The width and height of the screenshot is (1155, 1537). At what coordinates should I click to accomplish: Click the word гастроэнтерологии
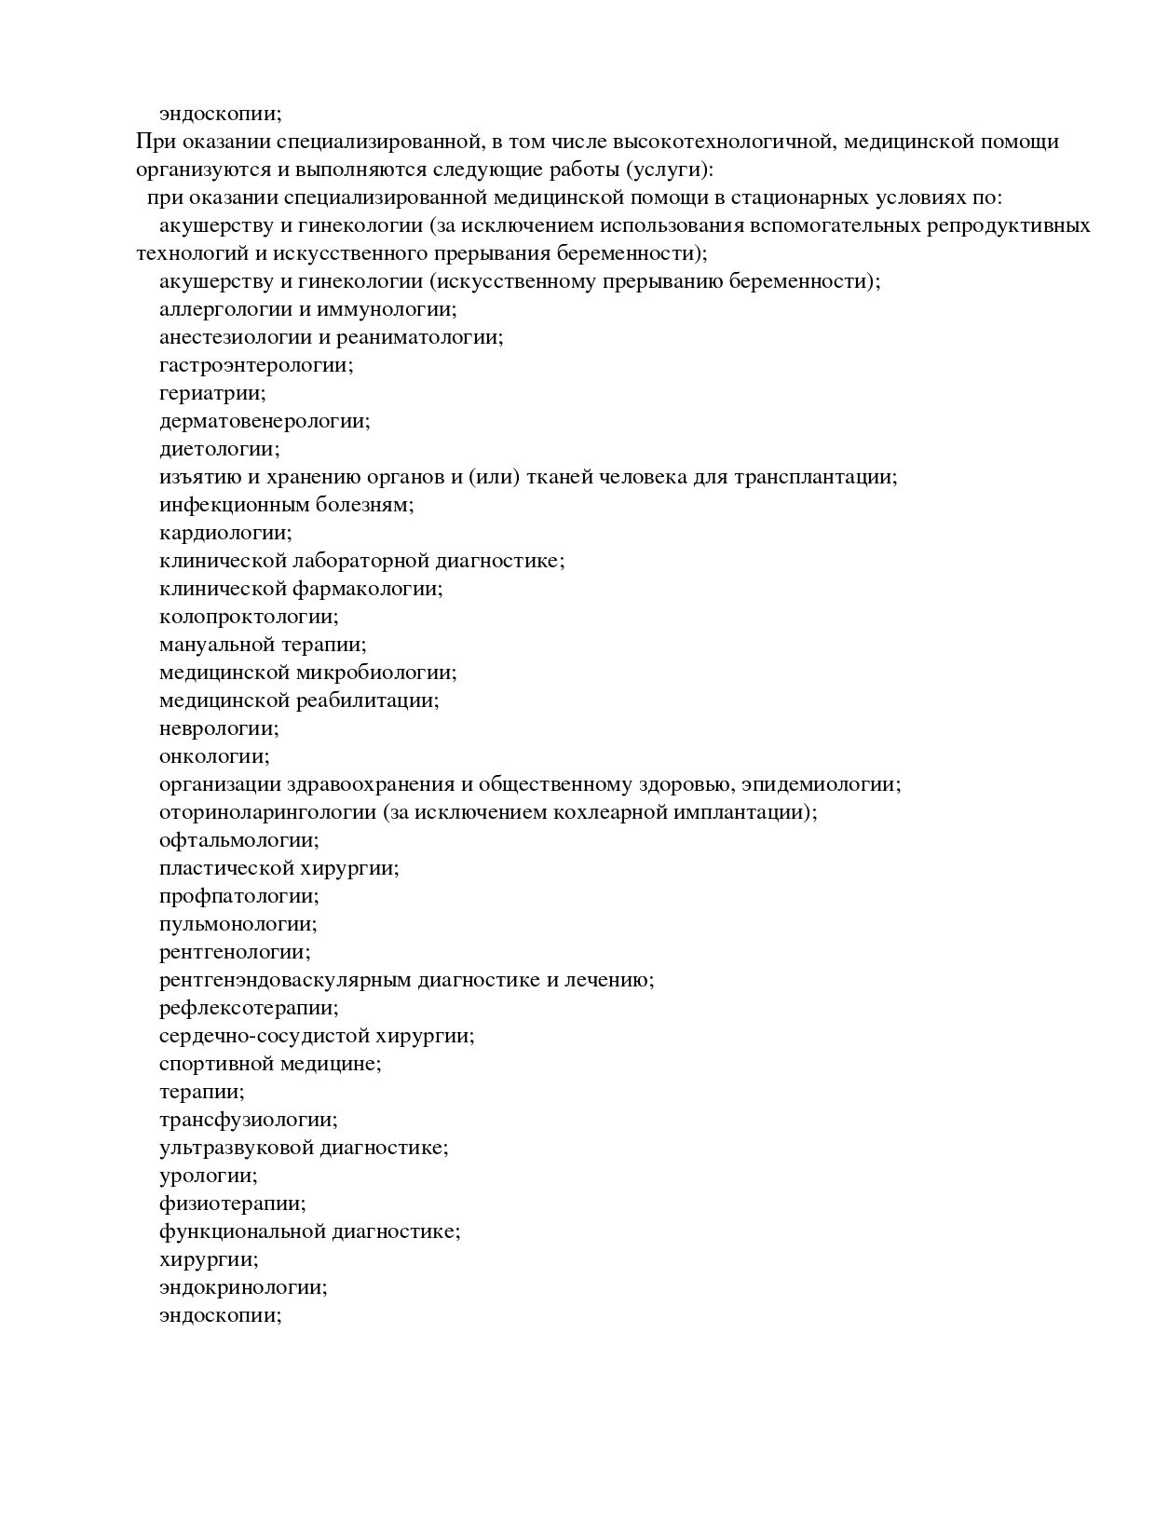tap(255, 365)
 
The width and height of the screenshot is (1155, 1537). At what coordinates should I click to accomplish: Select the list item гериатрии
tap(211, 393)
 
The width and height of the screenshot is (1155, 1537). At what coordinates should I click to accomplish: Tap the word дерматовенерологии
tap(264, 421)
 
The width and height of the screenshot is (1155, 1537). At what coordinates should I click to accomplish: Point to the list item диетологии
tap(218, 449)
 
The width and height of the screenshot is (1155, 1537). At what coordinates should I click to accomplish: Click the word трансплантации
tap(814, 477)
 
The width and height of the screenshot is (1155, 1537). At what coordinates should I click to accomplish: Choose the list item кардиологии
tap(224, 533)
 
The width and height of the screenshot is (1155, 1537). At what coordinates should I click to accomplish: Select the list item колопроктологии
tap(248, 617)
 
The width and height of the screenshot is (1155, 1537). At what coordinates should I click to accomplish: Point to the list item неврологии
tap(218, 728)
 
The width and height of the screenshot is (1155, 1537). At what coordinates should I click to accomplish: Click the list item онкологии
tap(213, 756)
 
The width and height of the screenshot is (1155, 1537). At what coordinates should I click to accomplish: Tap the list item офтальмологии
tap(238, 840)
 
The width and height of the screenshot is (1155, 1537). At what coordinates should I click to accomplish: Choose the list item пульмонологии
tap(238, 924)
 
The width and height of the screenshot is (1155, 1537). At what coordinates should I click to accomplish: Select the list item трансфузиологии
tap(248, 1120)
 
